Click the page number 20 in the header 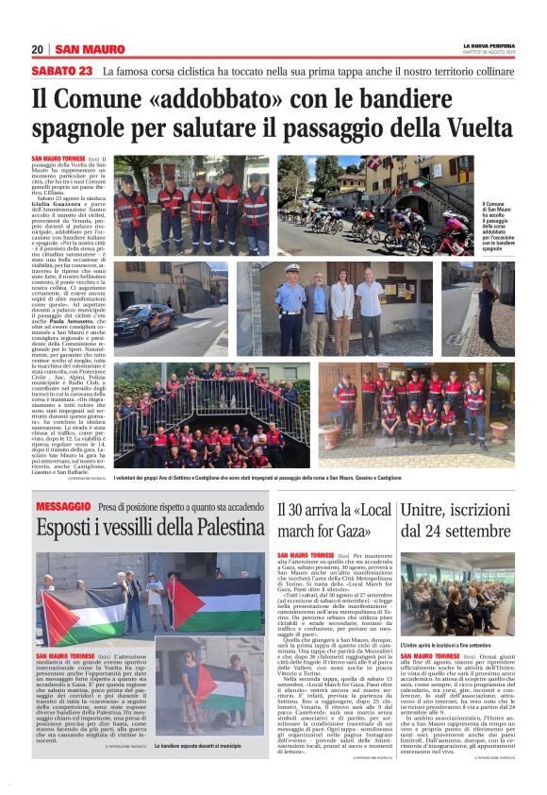(x=38, y=49)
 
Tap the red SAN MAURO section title (x=91, y=49)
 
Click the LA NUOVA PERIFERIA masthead (x=488, y=45)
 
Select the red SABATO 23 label (x=62, y=72)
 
